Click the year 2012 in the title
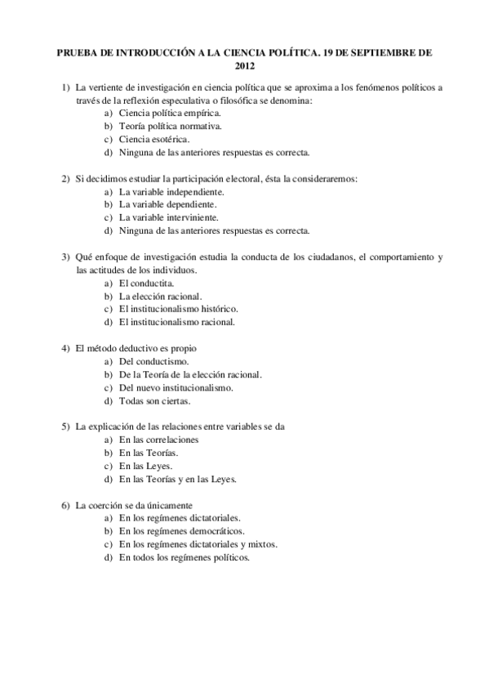[245, 65]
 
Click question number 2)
[65, 178]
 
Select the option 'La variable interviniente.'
[168, 217]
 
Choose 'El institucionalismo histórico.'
[178, 309]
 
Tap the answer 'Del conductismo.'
[153, 361]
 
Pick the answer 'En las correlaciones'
[158, 440]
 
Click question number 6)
[65, 505]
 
